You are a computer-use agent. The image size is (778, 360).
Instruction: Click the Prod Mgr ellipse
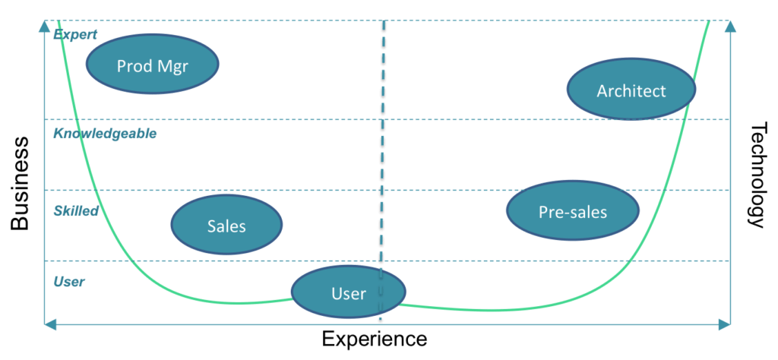153,65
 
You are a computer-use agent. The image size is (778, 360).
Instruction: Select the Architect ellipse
631,90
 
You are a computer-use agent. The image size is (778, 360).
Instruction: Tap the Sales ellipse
226,225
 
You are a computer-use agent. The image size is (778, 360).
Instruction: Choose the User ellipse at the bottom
349,292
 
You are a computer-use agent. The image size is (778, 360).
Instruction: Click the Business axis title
21,183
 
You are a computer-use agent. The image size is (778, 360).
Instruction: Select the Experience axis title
374,338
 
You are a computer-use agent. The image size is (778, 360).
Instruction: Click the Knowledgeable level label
104,134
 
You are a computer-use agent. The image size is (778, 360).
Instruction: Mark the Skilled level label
76,211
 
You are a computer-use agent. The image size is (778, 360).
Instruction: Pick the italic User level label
69,282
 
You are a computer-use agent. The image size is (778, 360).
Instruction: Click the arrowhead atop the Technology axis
730,27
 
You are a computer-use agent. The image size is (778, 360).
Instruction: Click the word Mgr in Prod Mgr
173,66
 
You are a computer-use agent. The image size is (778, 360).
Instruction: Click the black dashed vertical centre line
383,152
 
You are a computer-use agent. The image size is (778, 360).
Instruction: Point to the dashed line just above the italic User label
190,261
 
